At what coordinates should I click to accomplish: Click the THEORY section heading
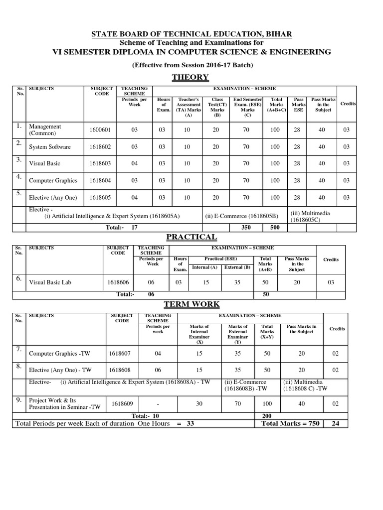point(190,77)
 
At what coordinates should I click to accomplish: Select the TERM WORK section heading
point(191,304)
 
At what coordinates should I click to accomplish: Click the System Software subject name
point(50,147)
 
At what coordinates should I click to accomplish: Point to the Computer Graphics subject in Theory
point(52,181)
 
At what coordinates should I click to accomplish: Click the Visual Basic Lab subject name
point(50,282)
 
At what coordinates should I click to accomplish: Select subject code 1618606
point(118,282)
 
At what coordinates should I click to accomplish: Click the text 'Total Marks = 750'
point(290,423)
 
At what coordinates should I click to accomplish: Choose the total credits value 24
point(335,423)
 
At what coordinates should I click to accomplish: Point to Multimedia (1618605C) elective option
point(310,216)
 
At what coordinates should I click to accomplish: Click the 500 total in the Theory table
point(275,228)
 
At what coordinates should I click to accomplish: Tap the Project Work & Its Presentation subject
point(65,403)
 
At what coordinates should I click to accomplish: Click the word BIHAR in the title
point(277,34)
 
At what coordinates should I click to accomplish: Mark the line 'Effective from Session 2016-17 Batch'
point(192,65)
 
